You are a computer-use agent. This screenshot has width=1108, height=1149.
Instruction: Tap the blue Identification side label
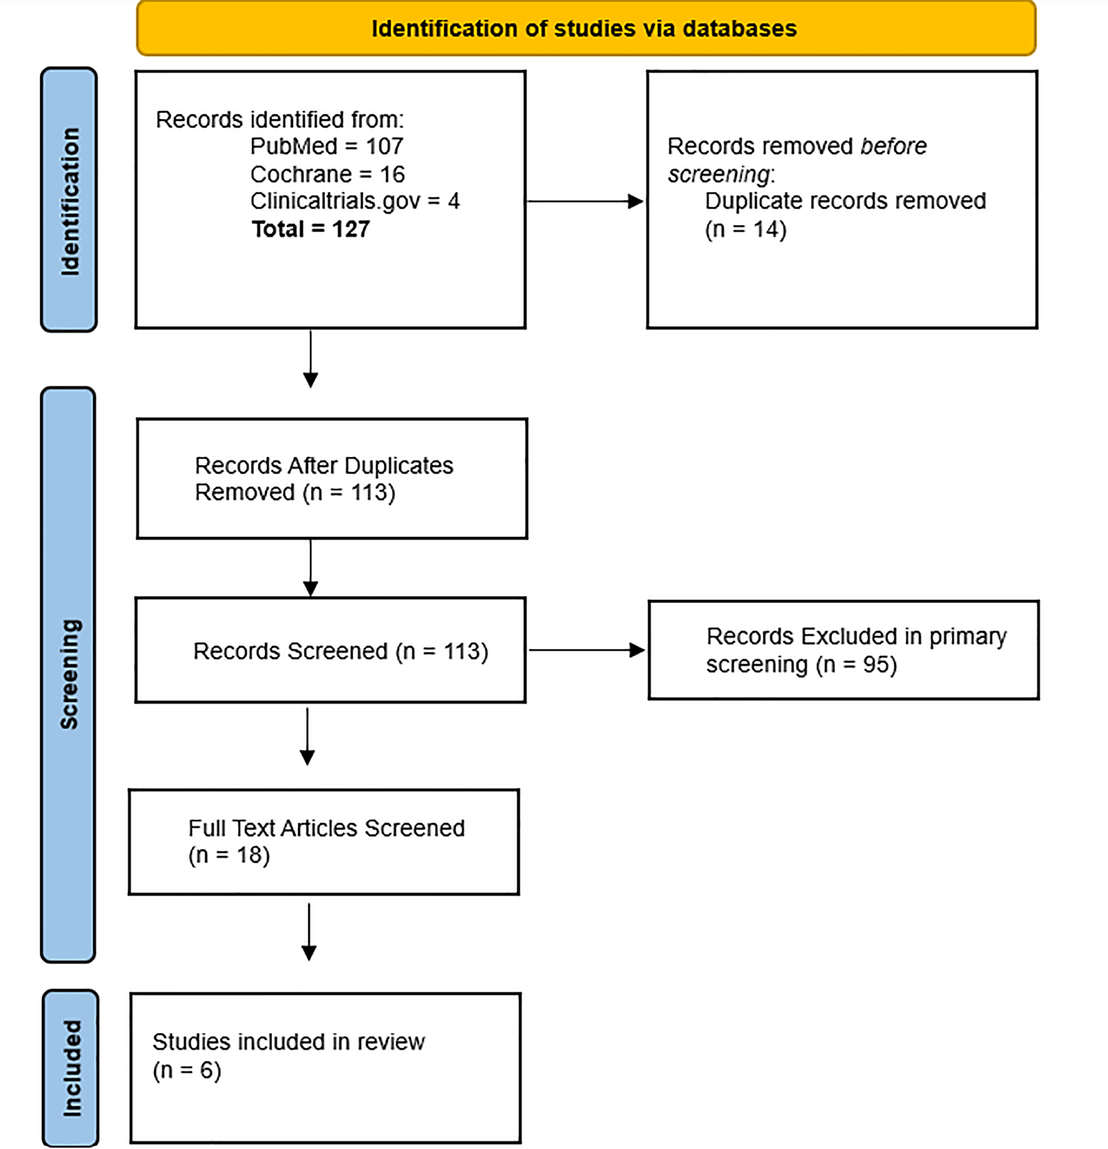(x=69, y=200)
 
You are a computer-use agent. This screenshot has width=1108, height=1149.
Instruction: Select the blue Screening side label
(x=69, y=674)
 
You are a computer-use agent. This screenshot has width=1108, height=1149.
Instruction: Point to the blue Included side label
(x=72, y=1068)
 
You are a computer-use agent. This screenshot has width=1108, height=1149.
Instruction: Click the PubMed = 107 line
(x=327, y=146)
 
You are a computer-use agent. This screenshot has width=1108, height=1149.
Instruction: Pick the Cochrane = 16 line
(x=327, y=174)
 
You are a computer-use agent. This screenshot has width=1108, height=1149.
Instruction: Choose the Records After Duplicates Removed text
(x=324, y=479)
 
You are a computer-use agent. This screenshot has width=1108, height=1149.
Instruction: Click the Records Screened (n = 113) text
(x=340, y=651)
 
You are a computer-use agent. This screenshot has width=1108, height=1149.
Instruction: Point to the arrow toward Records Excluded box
(x=587, y=649)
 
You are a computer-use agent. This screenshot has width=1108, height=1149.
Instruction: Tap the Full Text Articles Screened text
(x=326, y=828)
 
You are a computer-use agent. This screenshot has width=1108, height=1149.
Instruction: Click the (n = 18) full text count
(x=229, y=855)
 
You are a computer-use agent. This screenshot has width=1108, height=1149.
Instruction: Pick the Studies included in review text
(x=288, y=1042)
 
